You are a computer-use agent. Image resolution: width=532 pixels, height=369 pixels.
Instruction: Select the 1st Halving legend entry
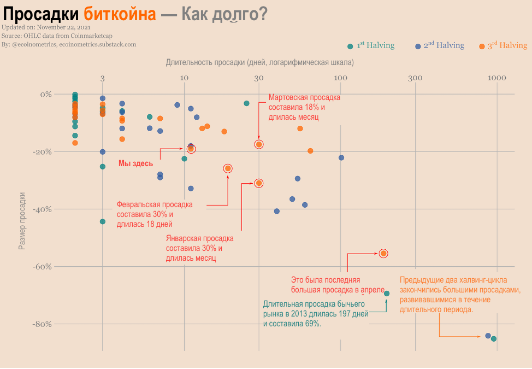[x=371, y=46]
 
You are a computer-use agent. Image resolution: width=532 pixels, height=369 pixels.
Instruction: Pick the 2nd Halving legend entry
[x=440, y=46]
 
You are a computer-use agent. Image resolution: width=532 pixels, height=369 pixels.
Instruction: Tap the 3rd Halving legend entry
[x=503, y=46]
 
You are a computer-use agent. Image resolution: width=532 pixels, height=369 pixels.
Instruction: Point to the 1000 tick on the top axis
[x=496, y=78]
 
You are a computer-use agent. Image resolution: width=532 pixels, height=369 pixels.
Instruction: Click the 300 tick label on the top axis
[x=415, y=78]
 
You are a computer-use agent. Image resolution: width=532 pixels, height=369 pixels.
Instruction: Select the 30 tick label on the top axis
[x=259, y=78]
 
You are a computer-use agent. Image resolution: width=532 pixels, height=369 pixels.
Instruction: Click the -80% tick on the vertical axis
[x=42, y=324]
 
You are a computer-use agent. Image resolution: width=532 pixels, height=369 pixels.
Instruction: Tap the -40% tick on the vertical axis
[x=42, y=209]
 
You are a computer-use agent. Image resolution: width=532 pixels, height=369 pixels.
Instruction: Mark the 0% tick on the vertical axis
[x=45, y=94]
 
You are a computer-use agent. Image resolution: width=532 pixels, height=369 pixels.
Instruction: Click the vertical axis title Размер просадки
[x=22, y=220]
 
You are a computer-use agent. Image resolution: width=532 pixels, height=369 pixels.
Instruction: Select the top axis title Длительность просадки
[x=259, y=62]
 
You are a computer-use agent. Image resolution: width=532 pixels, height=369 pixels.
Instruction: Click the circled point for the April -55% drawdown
[x=383, y=253]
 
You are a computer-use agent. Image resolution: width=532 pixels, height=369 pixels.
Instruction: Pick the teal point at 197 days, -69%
[x=387, y=294]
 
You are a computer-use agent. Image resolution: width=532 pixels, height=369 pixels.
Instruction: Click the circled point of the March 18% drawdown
[x=259, y=144]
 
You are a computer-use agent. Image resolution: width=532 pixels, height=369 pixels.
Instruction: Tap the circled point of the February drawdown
[x=228, y=168]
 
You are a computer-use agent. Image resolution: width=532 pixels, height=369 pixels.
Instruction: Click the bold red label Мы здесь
[x=136, y=163]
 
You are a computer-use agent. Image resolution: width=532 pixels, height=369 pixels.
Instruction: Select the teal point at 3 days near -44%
[x=103, y=221]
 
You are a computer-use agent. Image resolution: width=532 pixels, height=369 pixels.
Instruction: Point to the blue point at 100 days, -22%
[x=341, y=157]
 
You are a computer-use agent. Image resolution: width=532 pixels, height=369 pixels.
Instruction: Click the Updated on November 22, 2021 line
[x=46, y=27]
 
